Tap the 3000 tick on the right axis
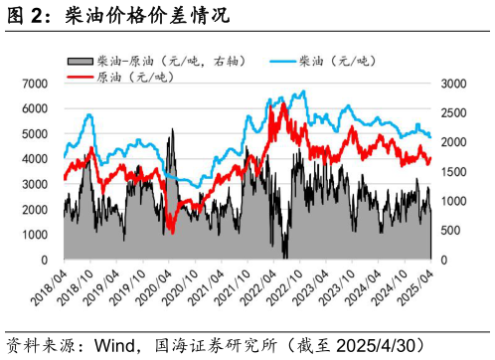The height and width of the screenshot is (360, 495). click(449, 86)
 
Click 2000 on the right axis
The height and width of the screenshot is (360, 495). click(449, 143)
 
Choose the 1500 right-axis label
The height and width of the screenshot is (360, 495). click(449, 172)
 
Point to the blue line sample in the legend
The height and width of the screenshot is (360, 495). click(288, 62)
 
